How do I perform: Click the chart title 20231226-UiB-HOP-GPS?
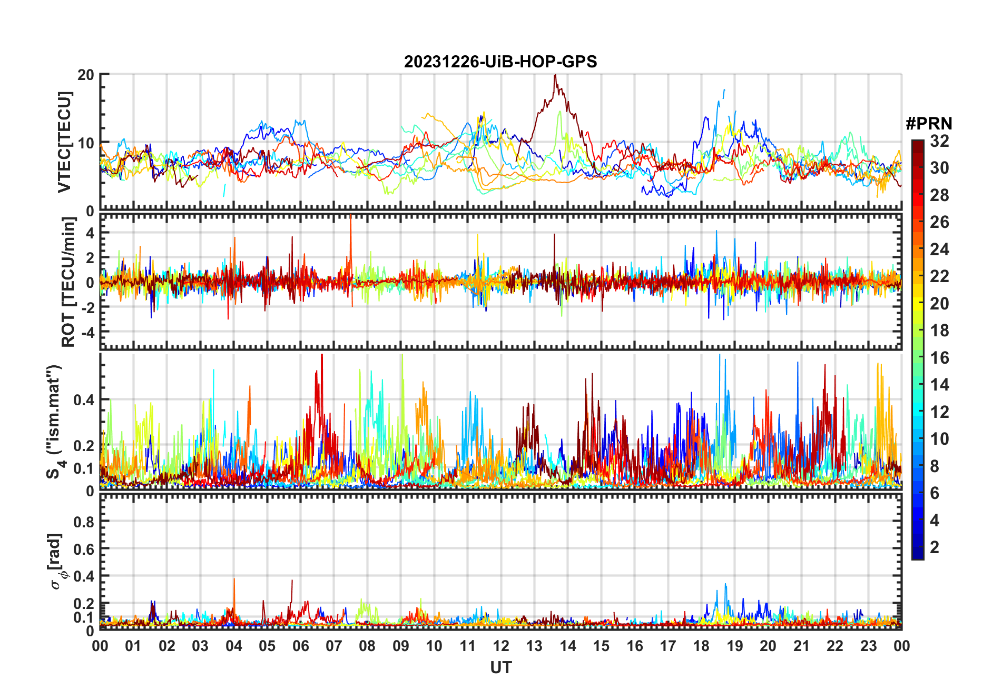pos(500,62)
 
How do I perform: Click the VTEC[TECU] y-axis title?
pos(64,142)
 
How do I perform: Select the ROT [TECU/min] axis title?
pos(68,282)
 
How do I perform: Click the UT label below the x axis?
pos(500,668)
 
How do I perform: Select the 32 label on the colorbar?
pos(939,141)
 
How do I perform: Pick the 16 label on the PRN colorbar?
pos(939,358)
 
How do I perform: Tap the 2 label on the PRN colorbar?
pos(935,547)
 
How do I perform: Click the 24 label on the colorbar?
pos(939,249)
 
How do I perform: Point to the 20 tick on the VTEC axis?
pos(86,75)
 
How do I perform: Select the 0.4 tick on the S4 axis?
pos(84,400)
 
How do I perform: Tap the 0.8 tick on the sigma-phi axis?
pos(84,522)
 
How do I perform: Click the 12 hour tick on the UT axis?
pos(501,646)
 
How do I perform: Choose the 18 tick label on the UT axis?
pos(701,646)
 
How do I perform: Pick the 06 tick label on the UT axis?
pos(300,646)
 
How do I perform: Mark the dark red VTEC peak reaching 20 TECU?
pos(555,76)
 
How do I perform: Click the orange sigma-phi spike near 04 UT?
pos(234,580)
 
